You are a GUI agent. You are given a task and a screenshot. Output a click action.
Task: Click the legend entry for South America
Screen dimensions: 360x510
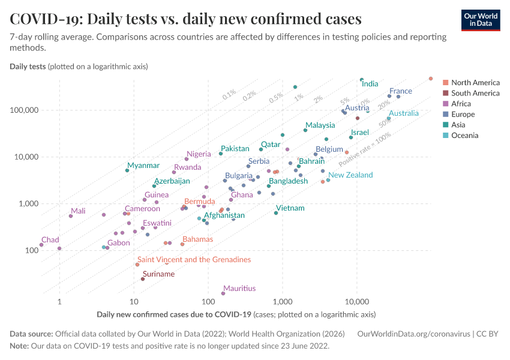tap(475, 93)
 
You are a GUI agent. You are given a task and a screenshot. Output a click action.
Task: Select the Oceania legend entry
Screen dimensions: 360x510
tap(464, 136)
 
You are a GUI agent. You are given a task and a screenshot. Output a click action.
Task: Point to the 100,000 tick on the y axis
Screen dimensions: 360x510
tap(24, 110)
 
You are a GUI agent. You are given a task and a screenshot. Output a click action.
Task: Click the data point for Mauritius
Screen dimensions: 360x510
tap(223, 293)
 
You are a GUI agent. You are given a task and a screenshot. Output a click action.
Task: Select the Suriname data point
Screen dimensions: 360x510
tap(143, 279)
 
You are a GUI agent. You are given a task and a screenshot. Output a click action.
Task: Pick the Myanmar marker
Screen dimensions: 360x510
tap(127, 170)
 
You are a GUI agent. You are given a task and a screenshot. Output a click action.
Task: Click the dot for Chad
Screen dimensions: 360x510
tap(41, 245)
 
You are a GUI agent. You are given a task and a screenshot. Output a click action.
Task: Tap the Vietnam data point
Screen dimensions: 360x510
tap(276, 213)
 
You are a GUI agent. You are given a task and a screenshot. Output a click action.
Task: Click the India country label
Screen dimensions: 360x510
tap(370, 84)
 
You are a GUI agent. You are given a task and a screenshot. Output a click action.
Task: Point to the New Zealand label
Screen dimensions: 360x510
tap(350, 175)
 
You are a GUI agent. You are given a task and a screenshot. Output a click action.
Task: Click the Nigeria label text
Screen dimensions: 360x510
tap(199, 154)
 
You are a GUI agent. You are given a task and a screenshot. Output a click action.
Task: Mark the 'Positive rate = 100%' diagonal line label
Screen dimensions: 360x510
tap(364, 150)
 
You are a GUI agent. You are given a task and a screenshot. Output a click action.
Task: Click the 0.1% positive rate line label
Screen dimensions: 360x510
tap(229, 95)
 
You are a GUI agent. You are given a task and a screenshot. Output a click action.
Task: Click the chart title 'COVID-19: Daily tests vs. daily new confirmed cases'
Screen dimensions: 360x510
tap(185, 19)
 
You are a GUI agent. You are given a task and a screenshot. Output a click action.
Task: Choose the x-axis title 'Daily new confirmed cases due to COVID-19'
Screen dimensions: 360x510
tap(173, 314)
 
